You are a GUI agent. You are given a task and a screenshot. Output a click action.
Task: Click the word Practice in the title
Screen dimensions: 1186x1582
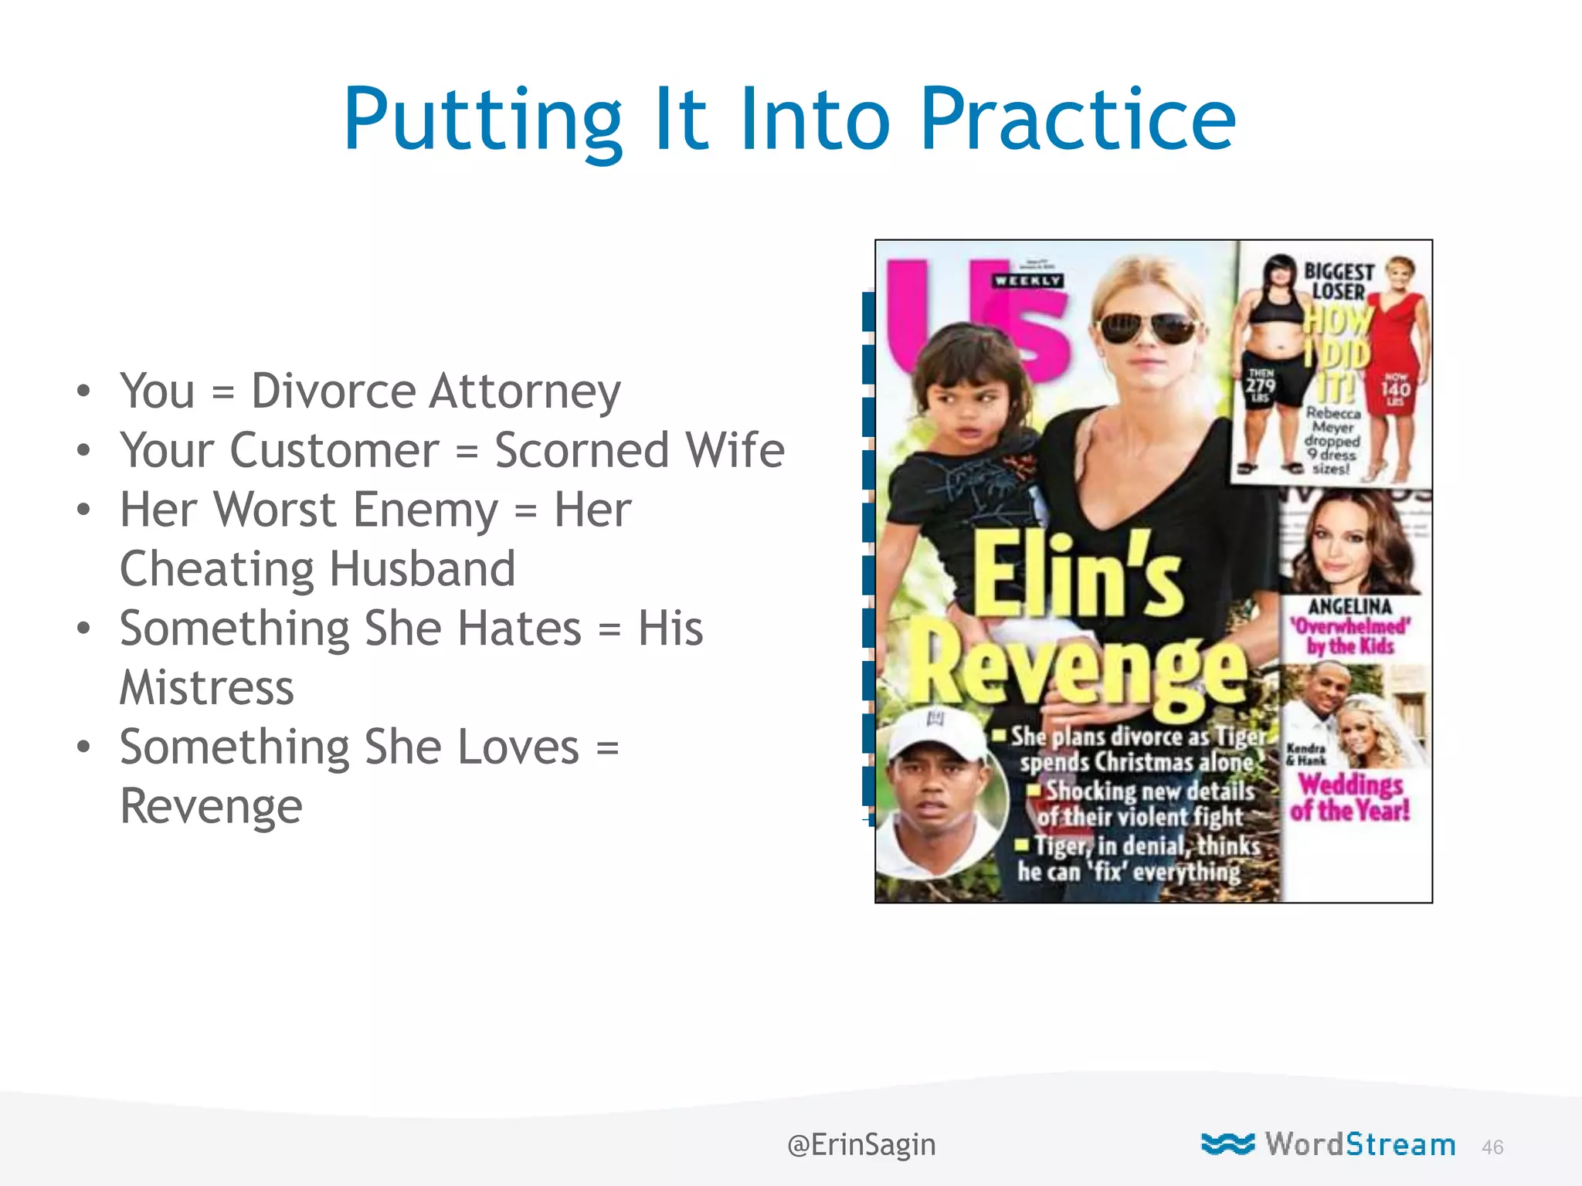point(1078,120)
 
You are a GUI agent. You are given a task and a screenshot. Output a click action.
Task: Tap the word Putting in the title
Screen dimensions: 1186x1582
point(483,120)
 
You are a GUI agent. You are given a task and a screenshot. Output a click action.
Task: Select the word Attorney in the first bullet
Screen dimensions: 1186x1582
point(525,391)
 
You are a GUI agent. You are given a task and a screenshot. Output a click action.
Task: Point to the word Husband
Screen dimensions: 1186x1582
point(423,569)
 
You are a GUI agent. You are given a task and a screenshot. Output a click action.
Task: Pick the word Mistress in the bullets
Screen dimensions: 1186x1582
point(207,687)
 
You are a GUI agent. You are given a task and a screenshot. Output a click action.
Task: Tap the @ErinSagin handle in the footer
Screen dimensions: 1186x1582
point(861,1144)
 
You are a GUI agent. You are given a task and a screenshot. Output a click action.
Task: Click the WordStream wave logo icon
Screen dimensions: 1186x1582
point(1227,1144)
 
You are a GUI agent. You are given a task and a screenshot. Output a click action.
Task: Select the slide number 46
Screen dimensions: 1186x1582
point(1492,1147)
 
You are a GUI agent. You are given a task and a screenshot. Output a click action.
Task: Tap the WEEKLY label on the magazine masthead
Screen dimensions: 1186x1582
point(1028,281)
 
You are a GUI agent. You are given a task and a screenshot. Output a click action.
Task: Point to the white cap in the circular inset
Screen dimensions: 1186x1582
point(934,732)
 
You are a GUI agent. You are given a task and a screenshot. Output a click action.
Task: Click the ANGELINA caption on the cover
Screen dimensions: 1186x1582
point(1349,607)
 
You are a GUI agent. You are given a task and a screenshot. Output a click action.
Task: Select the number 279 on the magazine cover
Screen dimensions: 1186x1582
point(1260,384)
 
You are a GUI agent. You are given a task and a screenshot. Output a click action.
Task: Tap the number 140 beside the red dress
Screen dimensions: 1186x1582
point(1396,388)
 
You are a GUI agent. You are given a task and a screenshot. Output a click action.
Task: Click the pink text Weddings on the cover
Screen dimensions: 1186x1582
point(1350,784)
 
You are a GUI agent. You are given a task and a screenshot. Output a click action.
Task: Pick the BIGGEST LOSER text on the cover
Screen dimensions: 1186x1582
point(1339,282)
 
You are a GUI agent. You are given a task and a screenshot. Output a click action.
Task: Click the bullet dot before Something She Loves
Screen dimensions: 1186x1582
point(83,747)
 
